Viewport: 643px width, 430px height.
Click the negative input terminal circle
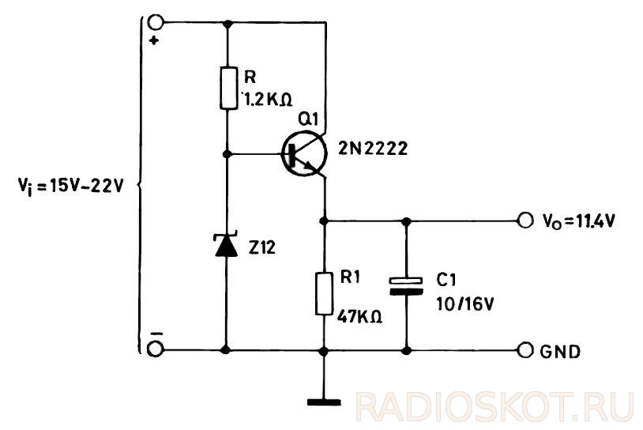pos(156,348)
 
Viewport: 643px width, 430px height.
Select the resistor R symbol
pos(227,87)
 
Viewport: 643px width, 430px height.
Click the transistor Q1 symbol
pos(304,154)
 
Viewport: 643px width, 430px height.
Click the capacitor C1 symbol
pos(407,285)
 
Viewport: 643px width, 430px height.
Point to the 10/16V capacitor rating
pos(463,301)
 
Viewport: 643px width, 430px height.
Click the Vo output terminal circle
pos(524,221)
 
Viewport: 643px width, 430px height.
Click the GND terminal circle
pos(524,349)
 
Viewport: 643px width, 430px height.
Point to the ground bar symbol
pos(324,402)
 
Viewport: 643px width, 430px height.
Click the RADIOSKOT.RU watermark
pos(494,406)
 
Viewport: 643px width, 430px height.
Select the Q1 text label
pos(306,119)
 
